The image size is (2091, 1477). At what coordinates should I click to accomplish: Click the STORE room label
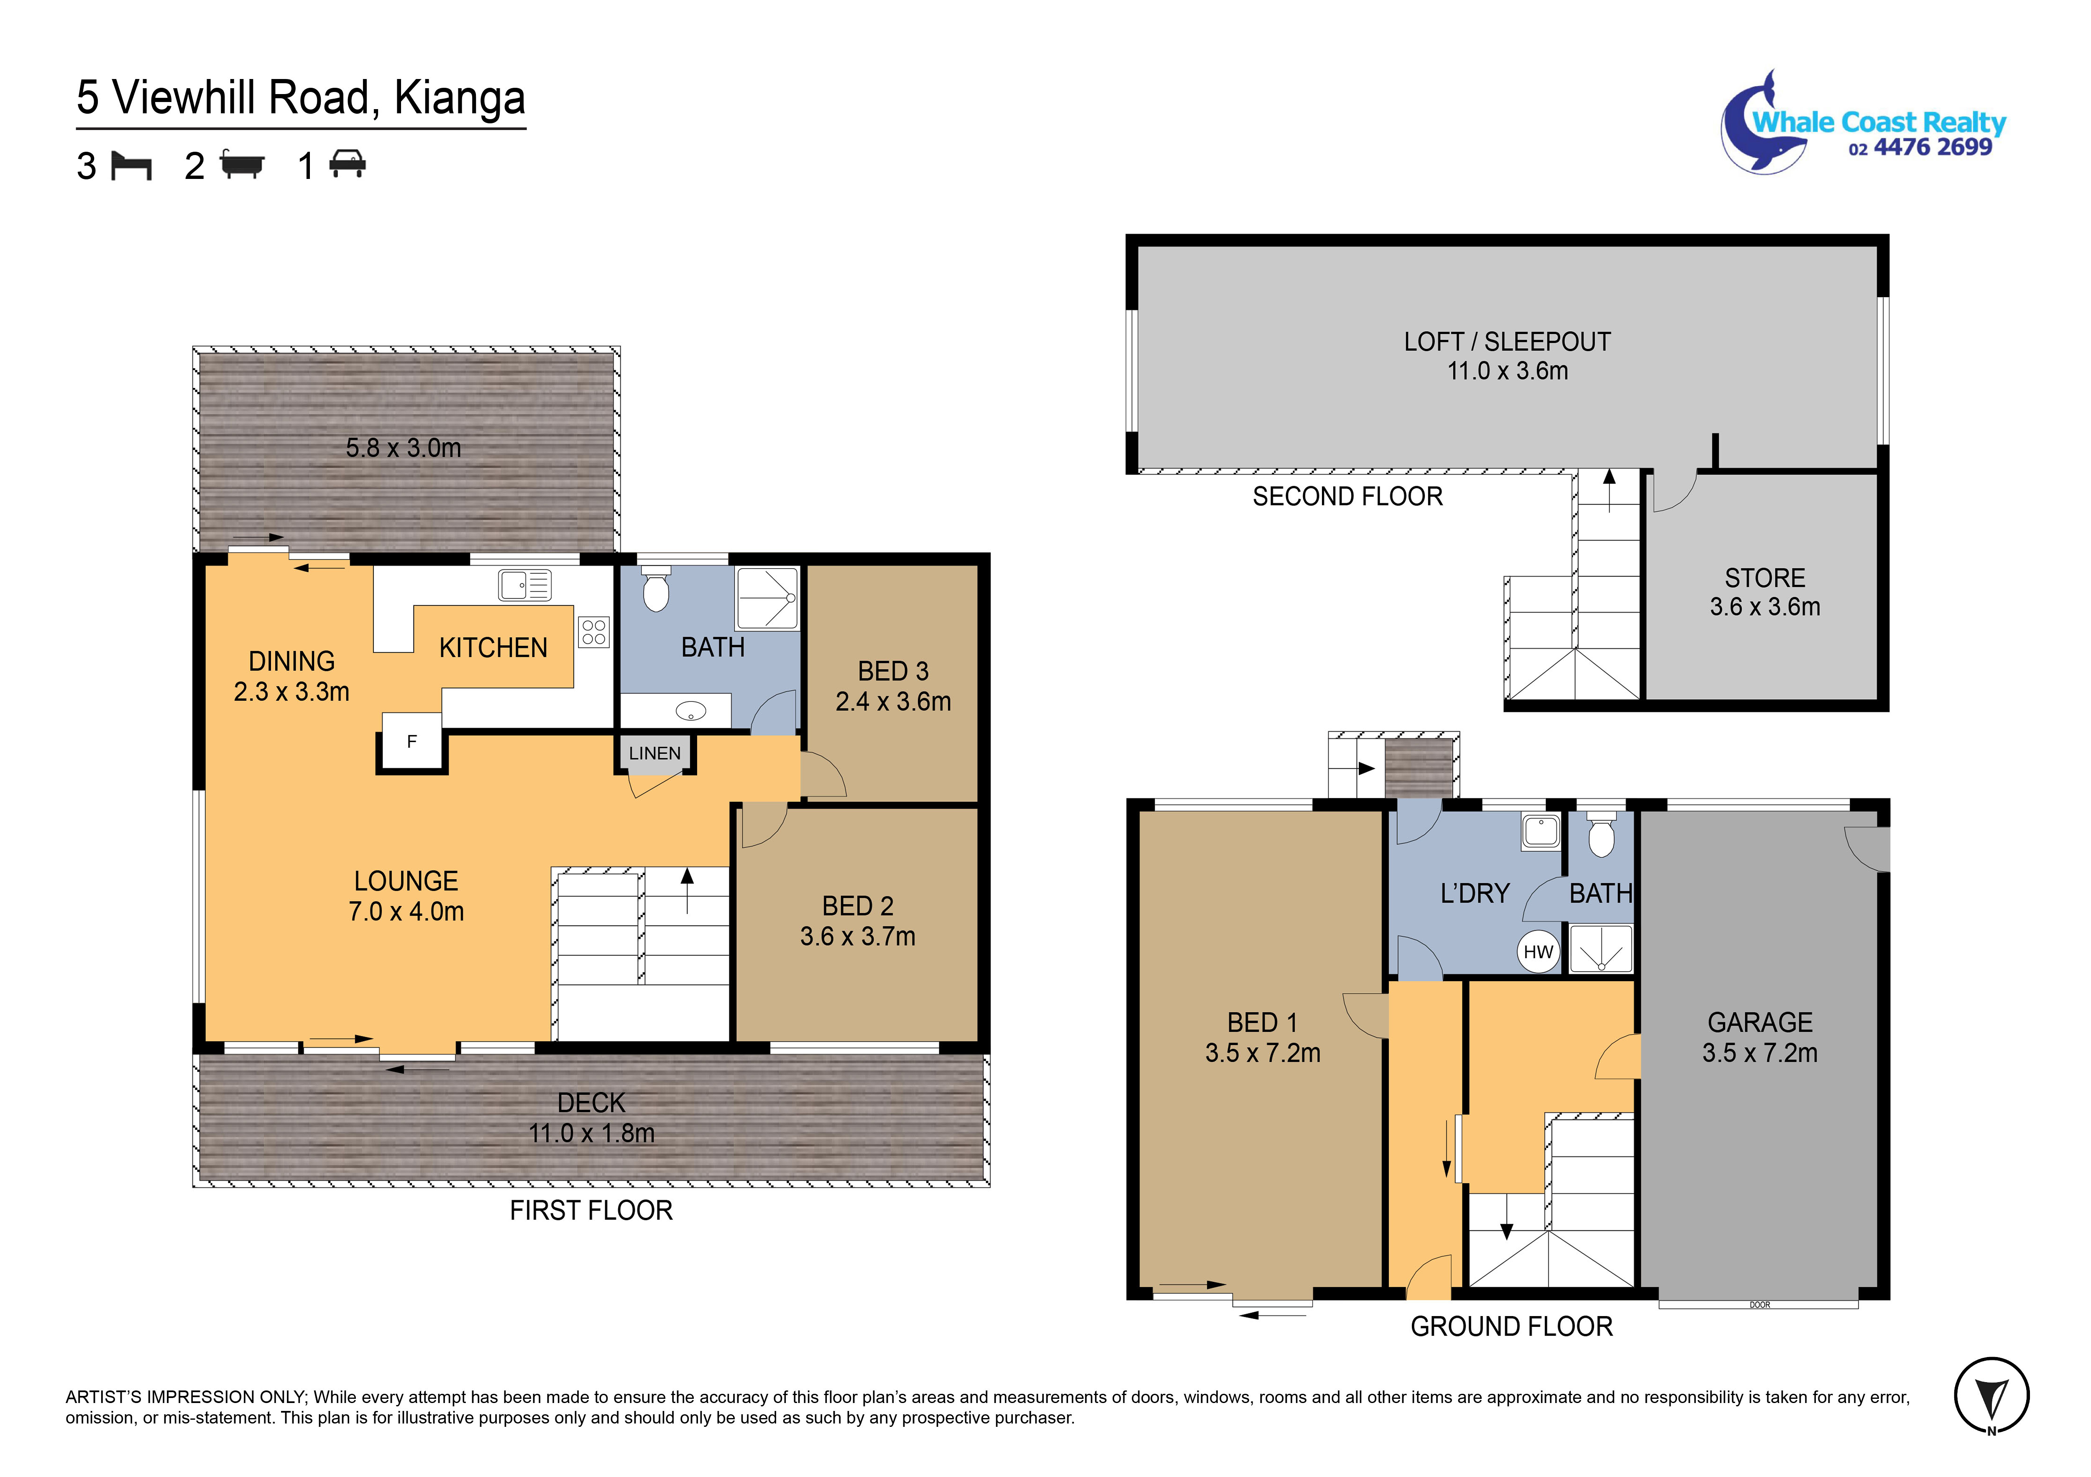[x=1764, y=577]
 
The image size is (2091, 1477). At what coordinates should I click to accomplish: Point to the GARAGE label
[x=1759, y=1022]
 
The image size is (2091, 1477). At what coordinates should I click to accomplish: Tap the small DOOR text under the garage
[x=1759, y=1305]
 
